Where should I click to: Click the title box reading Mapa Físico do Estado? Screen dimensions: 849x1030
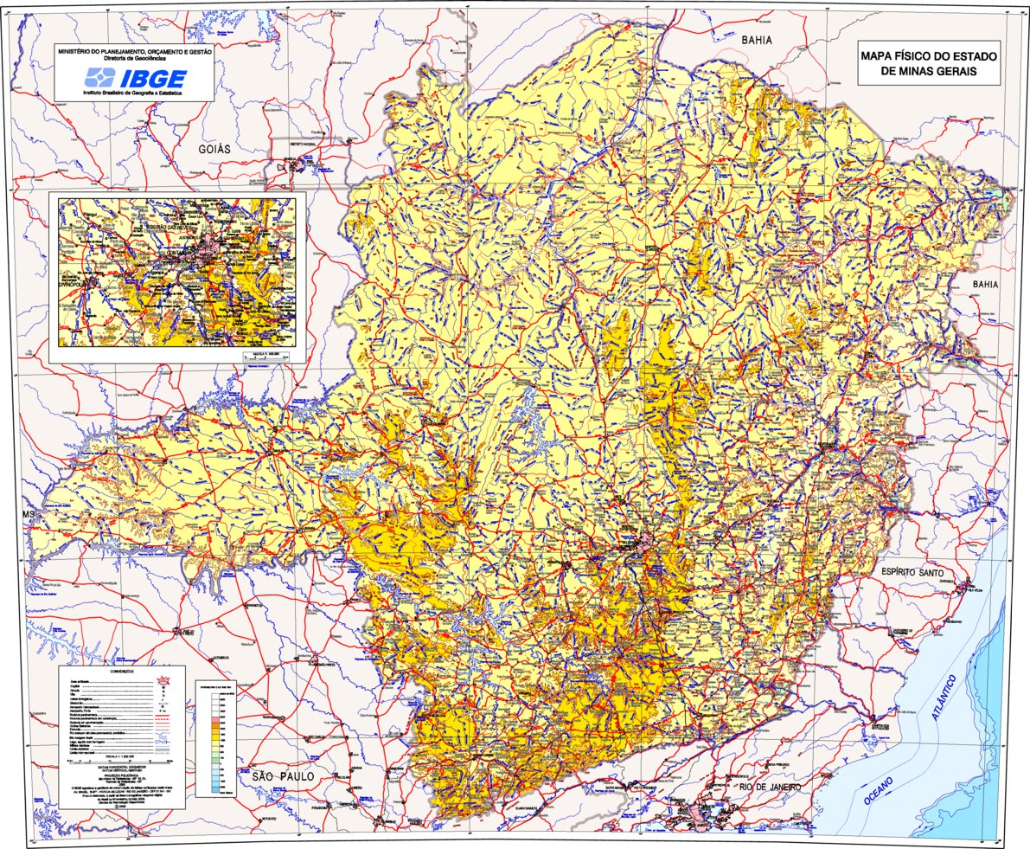click(x=929, y=63)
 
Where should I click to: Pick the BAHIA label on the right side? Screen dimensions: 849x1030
click(x=984, y=284)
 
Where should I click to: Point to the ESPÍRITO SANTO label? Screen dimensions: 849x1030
click(x=918, y=572)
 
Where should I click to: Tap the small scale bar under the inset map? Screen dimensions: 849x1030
click(x=266, y=356)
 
